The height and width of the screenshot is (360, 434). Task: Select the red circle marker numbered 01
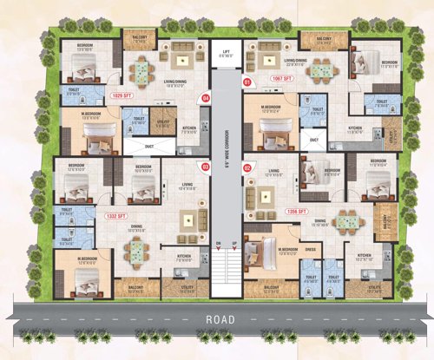click(x=247, y=82)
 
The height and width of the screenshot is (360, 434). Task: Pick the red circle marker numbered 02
click(x=247, y=167)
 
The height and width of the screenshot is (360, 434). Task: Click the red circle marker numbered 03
click(x=206, y=167)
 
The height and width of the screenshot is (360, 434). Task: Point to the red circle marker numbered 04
click(x=206, y=98)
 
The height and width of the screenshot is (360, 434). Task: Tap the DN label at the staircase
click(x=220, y=242)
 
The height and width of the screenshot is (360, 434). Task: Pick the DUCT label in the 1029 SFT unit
click(x=149, y=147)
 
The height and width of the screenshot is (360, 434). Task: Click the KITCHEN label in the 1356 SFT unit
click(x=365, y=254)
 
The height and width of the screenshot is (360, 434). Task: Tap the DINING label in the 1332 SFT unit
click(x=136, y=227)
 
